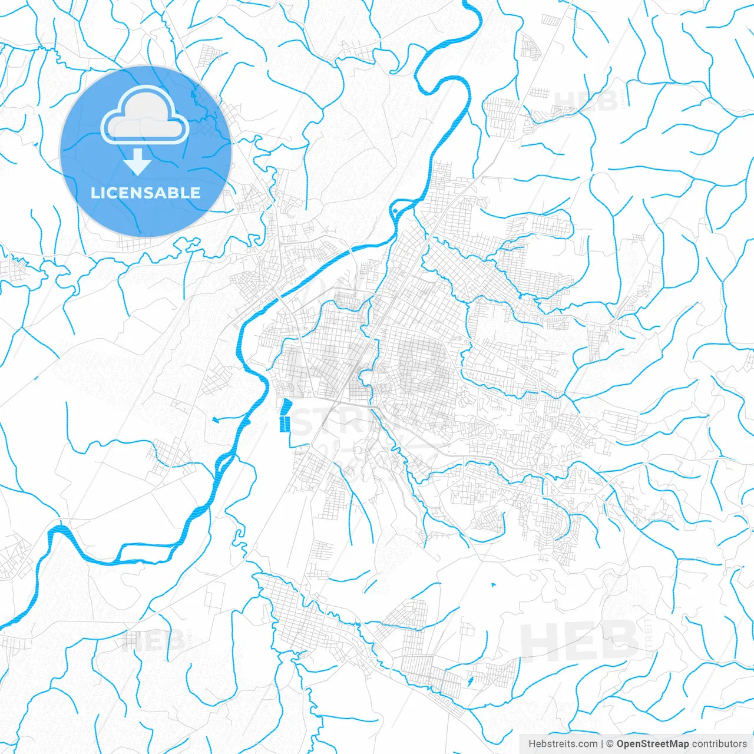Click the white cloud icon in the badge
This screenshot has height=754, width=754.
pyautogui.click(x=145, y=117)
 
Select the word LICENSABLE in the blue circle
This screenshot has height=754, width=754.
pyautogui.click(x=145, y=193)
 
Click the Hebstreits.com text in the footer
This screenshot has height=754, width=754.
pyautogui.click(x=563, y=744)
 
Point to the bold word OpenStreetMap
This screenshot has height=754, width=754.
pyautogui.click(x=652, y=744)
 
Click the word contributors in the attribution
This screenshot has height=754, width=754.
pyautogui.click(x=719, y=744)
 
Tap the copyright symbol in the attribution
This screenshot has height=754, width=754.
pyautogui.click(x=610, y=744)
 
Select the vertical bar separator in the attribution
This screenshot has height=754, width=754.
pyautogui.click(x=602, y=744)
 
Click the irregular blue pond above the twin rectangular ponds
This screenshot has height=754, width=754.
pyautogui.click(x=287, y=406)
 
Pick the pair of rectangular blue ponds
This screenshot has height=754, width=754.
pyautogui.click(x=285, y=424)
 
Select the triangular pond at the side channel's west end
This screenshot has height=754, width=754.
pyautogui.click(x=216, y=420)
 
